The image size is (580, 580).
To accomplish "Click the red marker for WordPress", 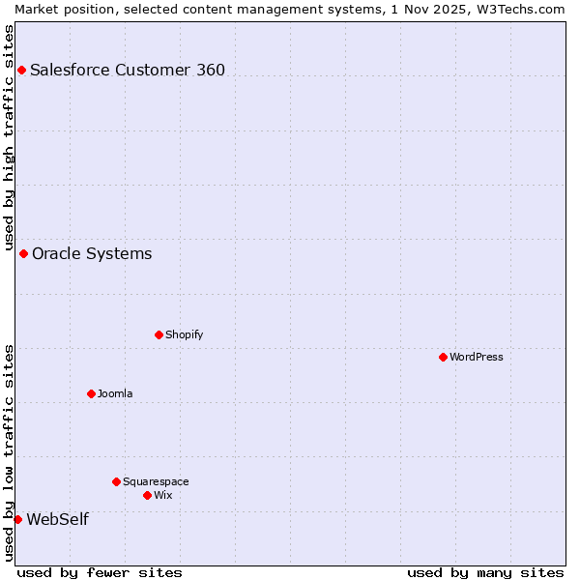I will pyautogui.click(x=443, y=357).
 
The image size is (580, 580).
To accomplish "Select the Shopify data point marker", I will pyautogui.click(x=159, y=334).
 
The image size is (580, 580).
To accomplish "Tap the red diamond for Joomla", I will pyautogui.click(x=91, y=393).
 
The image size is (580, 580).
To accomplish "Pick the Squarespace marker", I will pyautogui.click(x=116, y=481).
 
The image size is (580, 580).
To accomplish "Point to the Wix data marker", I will pyautogui.click(x=147, y=495).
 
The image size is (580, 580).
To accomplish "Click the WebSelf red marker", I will pyautogui.click(x=17, y=519).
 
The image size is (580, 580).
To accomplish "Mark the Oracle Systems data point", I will pyautogui.click(x=23, y=253).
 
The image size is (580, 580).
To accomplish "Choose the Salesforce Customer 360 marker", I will pyautogui.click(x=21, y=70).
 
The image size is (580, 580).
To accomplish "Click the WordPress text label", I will pyautogui.click(x=477, y=357).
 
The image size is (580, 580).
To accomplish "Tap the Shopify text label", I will pyautogui.click(x=184, y=334).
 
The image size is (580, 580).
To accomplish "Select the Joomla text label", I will pyautogui.click(x=115, y=393).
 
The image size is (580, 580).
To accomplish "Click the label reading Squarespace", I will pyautogui.click(x=156, y=481).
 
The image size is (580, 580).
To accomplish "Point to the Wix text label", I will pyautogui.click(x=163, y=495).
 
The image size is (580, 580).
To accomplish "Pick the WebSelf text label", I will pyautogui.click(x=57, y=519).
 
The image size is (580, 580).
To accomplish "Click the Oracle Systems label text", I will pyautogui.click(x=92, y=253).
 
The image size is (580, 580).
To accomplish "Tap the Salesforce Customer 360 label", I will pyautogui.click(x=128, y=70).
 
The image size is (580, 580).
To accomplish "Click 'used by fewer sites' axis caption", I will pyautogui.click(x=100, y=572).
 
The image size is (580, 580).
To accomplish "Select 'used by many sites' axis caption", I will pyautogui.click(x=485, y=572).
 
